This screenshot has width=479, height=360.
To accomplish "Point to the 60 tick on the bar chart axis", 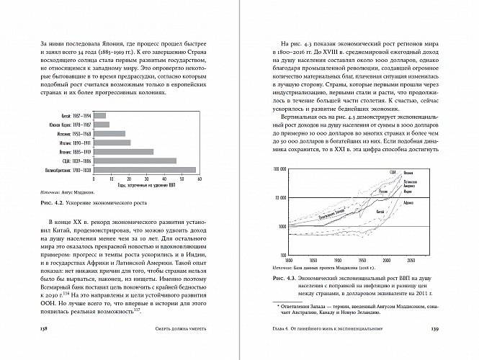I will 199,179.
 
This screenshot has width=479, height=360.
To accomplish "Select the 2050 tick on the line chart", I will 410,258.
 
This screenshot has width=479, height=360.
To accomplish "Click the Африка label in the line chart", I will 407,203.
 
